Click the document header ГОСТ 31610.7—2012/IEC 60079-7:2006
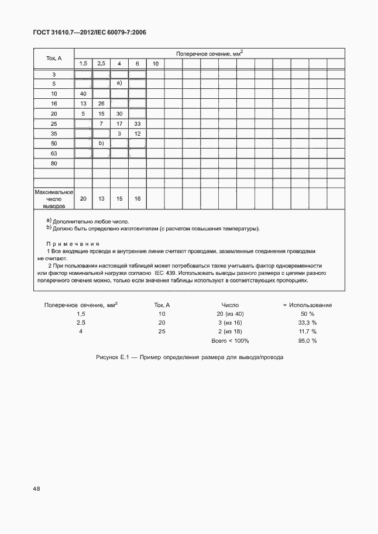[x=90, y=33]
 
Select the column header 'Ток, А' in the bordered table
[x=54, y=58]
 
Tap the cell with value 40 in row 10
[x=83, y=94]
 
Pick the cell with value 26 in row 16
[x=101, y=104]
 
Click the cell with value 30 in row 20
[x=119, y=113]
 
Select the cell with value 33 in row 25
[x=138, y=123]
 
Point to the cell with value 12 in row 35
[x=138, y=133]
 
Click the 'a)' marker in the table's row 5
[x=119, y=84]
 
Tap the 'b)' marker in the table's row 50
[x=101, y=143]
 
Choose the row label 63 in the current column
[x=54, y=153]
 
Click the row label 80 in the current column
[x=54, y=163]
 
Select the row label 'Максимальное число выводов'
[x=54, y=199]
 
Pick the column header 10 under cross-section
[x=156, y=63]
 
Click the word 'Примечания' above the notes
[x=73, y=243]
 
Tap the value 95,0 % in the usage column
[x=307, y=340]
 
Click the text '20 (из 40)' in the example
[x=230, y=313]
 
